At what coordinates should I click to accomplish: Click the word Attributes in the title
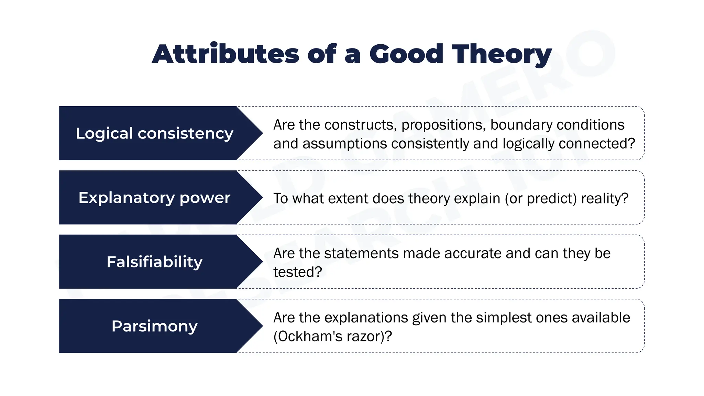[225, 54]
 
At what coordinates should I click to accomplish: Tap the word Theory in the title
[502, 54]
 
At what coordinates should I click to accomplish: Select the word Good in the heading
[406, 54]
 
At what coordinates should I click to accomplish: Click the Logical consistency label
[154, 133]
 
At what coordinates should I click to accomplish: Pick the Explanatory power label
[154, 198]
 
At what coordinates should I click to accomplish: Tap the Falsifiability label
[154, 262]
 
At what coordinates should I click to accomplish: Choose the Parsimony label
[154, 326]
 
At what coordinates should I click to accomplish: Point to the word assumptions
[345, 144]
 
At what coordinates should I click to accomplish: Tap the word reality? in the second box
[605, 198]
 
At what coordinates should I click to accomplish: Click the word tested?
[297, 272]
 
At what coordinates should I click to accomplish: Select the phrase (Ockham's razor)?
[332, 336]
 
